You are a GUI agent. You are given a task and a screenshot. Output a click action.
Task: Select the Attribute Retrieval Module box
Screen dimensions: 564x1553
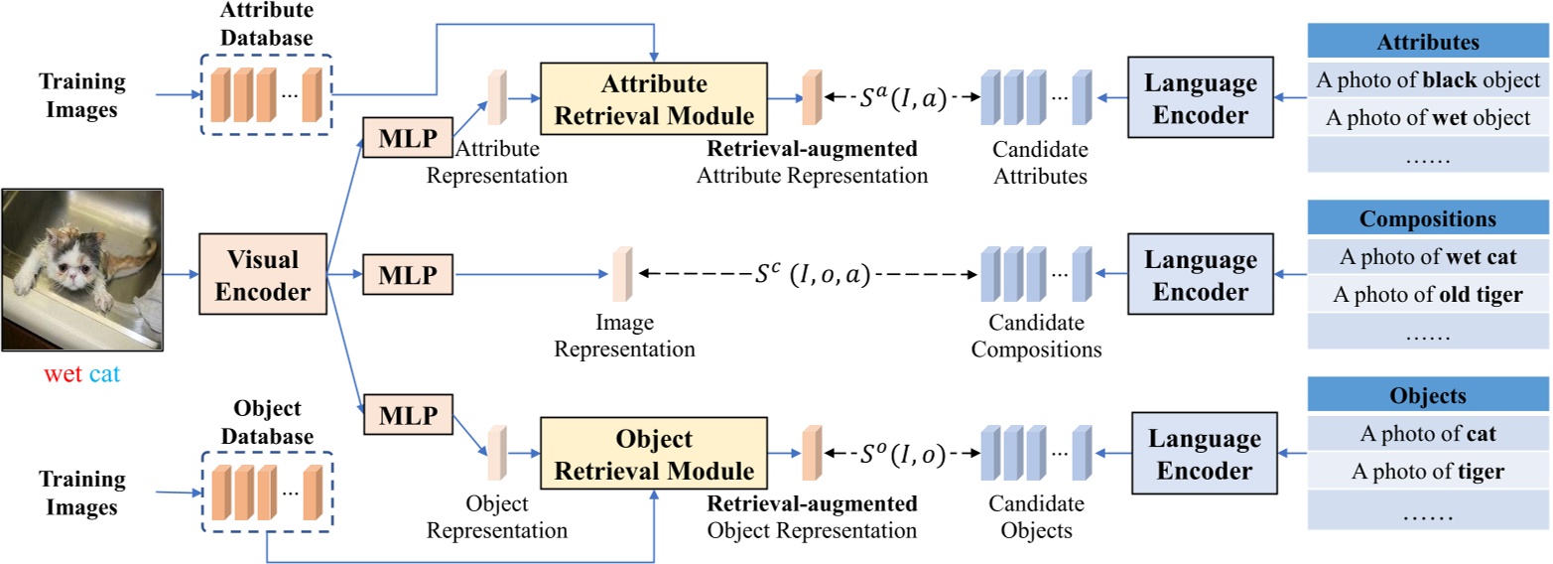tap(654, 99)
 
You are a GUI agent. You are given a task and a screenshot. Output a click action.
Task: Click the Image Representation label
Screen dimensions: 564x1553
tap(624, 339)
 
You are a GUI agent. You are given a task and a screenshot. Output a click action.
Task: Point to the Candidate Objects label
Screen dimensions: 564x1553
tap(1037, 518)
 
